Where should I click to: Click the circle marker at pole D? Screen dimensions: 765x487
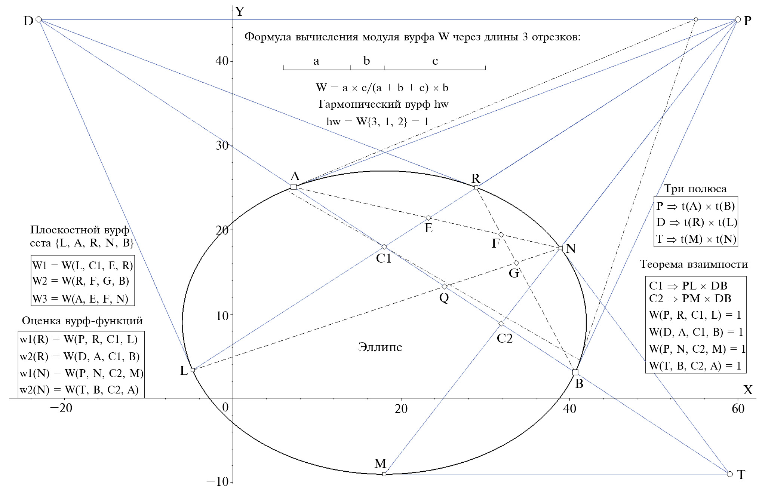tap(39, 19)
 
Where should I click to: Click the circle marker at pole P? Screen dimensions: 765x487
tap(738, 19)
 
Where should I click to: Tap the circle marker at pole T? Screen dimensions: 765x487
tap(730, 474)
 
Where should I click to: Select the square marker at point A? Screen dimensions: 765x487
tap(294, 187)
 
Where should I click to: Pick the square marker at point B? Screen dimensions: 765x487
tap(575, 372)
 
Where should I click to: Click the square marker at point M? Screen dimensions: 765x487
tap(384, 474)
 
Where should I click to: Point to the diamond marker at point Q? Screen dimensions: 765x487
tap(445, 287)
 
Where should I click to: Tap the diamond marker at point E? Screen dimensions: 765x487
tap(428, 218)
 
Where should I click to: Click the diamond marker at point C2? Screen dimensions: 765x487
tap(501, 323)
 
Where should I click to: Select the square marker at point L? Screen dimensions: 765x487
tap(193, 370)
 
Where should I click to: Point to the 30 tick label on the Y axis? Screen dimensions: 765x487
tap(222, 145)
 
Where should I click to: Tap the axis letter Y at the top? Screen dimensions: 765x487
tap(240, 12)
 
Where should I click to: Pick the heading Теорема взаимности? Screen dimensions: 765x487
tap(694, 264)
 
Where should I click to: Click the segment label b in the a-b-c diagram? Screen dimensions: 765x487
tap(367, 61)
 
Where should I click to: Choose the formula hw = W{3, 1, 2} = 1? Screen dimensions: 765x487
tap(377, 122)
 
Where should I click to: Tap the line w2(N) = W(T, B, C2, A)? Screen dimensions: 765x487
tap(79, 390)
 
